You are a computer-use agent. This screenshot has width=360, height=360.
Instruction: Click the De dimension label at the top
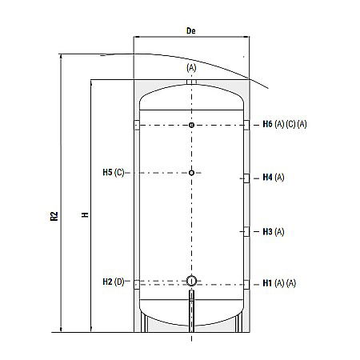190,30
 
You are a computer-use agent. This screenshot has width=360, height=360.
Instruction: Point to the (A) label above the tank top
191,68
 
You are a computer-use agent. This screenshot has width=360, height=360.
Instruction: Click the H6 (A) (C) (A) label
284,125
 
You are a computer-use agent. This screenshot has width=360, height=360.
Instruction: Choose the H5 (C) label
114,173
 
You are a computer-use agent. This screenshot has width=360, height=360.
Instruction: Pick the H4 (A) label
274,178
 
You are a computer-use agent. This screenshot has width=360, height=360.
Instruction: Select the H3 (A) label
274,231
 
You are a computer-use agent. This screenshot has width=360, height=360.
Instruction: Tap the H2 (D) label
114,281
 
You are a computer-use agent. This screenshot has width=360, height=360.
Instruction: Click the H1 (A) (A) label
279,283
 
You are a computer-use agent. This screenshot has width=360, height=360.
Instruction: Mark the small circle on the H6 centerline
191,126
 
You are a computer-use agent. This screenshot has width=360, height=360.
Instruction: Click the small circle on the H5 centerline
191,173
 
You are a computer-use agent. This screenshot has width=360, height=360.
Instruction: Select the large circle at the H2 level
191,280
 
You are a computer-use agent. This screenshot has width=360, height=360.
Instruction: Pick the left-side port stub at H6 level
137,126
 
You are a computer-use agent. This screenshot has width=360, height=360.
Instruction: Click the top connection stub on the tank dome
191,81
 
